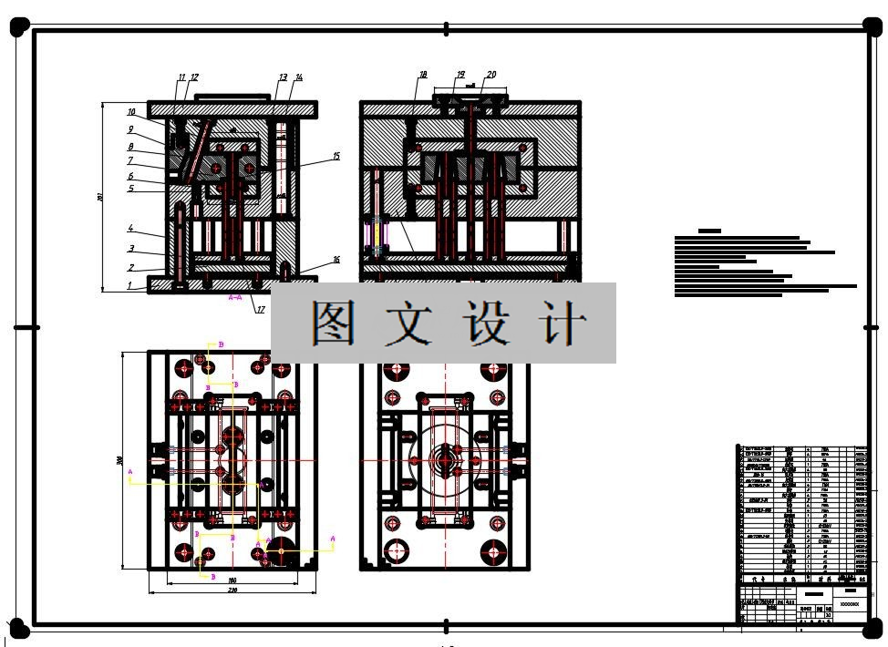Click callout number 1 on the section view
tap(129, 285)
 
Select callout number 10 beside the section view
tap(130, 112)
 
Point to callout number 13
tap(283, 77)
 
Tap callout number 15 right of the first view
tap(336, 157)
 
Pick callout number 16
tap(336, 260)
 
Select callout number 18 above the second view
tap(423, 75)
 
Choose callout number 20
tap(491, 75)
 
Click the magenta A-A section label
tap(234, 297)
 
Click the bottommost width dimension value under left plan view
tap(232, 591)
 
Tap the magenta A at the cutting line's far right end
tap(333, 539)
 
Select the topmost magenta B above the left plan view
tap(222, 344)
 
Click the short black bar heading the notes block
tap(708, 231)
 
